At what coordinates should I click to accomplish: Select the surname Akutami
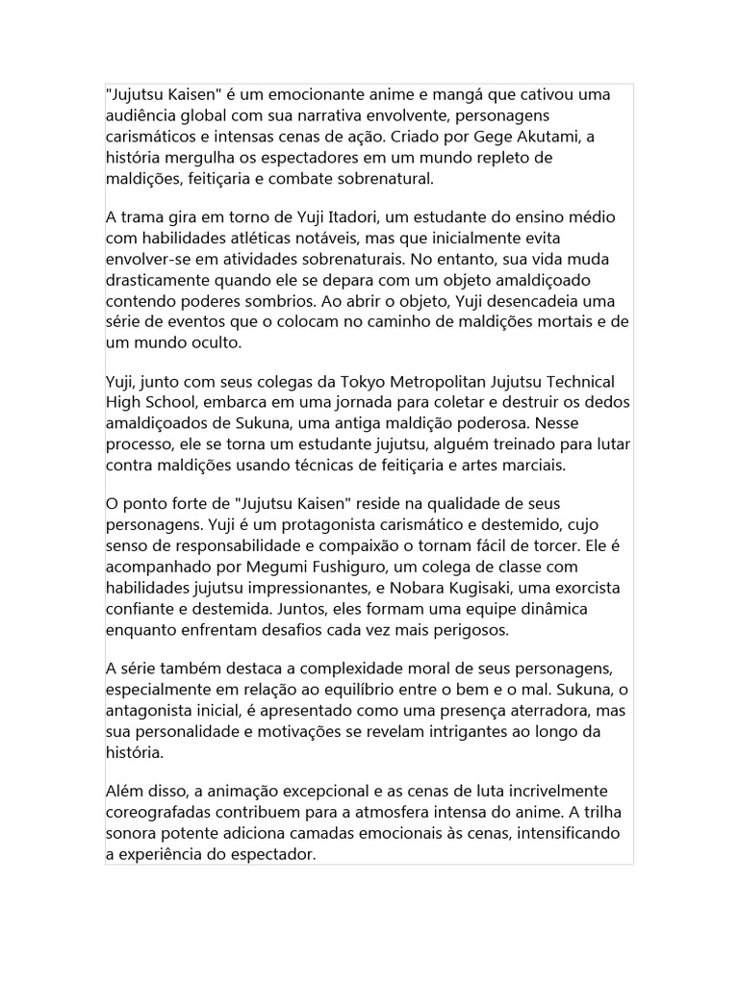coord(547,137)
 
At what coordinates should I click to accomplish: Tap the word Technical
coord(579,382)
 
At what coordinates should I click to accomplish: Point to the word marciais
coord(534,465)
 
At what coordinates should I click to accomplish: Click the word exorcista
coord(587,588)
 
